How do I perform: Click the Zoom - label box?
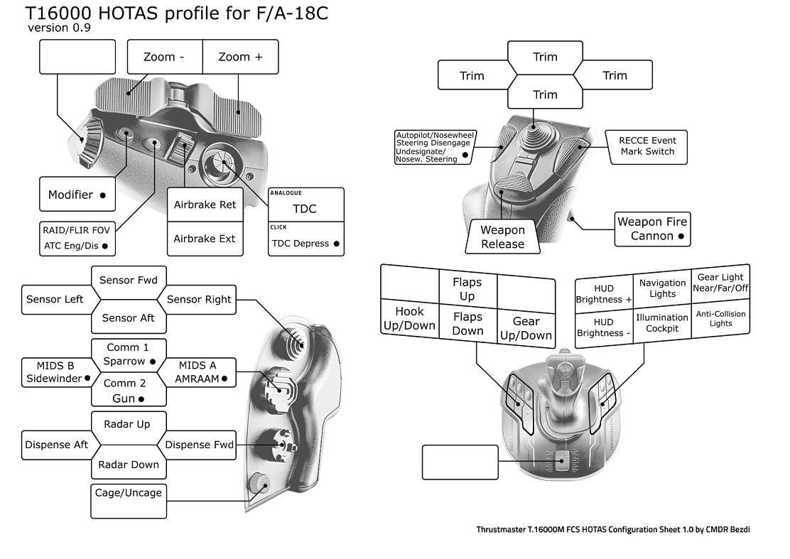[x=164, y=57]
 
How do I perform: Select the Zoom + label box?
[x=240, y=57]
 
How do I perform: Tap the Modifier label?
[x=77, y=195]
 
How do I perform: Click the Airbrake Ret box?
[x=205, y=205]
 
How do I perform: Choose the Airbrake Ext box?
[x=205, y=239]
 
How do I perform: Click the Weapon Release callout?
[x=502, y=237]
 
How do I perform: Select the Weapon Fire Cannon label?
[x=652, y=229]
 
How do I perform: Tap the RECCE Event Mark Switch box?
[x=646, y=146]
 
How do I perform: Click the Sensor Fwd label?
[x=129, y=280]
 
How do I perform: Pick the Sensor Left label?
[x=55, y=299]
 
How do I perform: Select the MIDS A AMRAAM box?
[x=200, y=372]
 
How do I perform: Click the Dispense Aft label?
[x=57, y=445]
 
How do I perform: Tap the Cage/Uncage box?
[x=128, y=493]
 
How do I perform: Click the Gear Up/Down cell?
[x=526, y=327]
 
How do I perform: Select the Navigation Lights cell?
[x=662, y=288]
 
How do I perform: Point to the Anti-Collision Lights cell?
[x=720, y=318]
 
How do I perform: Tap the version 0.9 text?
[x=59, y=28]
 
